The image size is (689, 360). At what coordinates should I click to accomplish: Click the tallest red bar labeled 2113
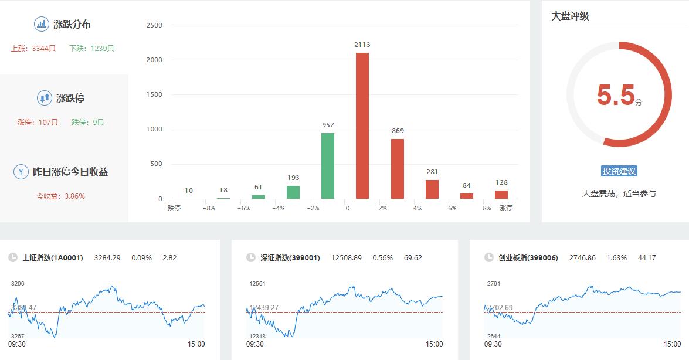(362, 125)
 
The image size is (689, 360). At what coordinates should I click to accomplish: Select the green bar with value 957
(328, 166)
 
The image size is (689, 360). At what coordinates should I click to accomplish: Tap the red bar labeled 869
(398, 169)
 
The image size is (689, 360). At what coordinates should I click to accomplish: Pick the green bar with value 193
(293, 192)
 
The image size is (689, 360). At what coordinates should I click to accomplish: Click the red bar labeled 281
(432, 189)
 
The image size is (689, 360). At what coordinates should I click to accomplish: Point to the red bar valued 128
(501, 195)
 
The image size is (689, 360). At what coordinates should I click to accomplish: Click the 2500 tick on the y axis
(154, 25)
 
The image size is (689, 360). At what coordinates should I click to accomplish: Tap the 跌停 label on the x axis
(174, 208)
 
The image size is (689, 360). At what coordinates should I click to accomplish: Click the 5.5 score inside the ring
(616, 96)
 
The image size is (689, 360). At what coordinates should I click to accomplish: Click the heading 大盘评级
(570, 16)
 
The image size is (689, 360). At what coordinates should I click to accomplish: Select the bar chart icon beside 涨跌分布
(42, 24)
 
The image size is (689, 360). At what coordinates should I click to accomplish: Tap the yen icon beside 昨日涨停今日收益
(21, 172)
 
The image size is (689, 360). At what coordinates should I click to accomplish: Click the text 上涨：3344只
(33, 49)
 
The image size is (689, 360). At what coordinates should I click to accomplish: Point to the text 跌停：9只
(88, 123)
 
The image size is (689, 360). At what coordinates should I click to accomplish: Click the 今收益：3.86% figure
(61, 196)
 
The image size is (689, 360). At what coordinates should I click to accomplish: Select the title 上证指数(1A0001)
(53, 257)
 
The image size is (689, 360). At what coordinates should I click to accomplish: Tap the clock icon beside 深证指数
(251, 257)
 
